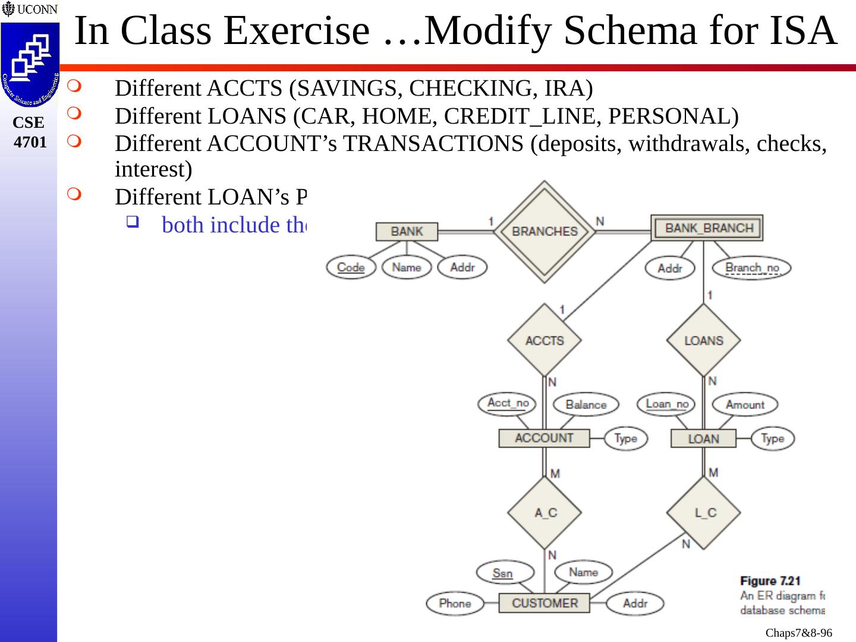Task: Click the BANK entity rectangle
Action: click(x=407, y=231)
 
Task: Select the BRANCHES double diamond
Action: click(x=545, y=232)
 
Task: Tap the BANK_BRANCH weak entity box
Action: click(x=707, y=228)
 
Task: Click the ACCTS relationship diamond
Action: click(x=545, y=341)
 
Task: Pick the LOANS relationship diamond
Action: click(x=703, y=341)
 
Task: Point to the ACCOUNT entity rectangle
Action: click(x=544, y=439)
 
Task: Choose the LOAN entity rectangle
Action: click(x=703, y=439)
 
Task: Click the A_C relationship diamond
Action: click(x=545, y=512)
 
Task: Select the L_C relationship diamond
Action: click(x=704, y=512)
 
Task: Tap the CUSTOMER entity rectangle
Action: click(x=544, y=603)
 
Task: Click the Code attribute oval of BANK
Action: click(x=351, y=267)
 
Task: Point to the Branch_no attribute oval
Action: click(x=752, y=268)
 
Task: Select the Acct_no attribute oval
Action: click(x=507, y=404)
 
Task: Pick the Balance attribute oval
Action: click(x=586, y=405)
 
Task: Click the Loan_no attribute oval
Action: click(x=666, y=404)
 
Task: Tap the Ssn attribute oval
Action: click(x=503, y=573)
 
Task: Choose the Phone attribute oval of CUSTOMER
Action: click(x=455, y=603)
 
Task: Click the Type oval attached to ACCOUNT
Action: click(x=625, y=439)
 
